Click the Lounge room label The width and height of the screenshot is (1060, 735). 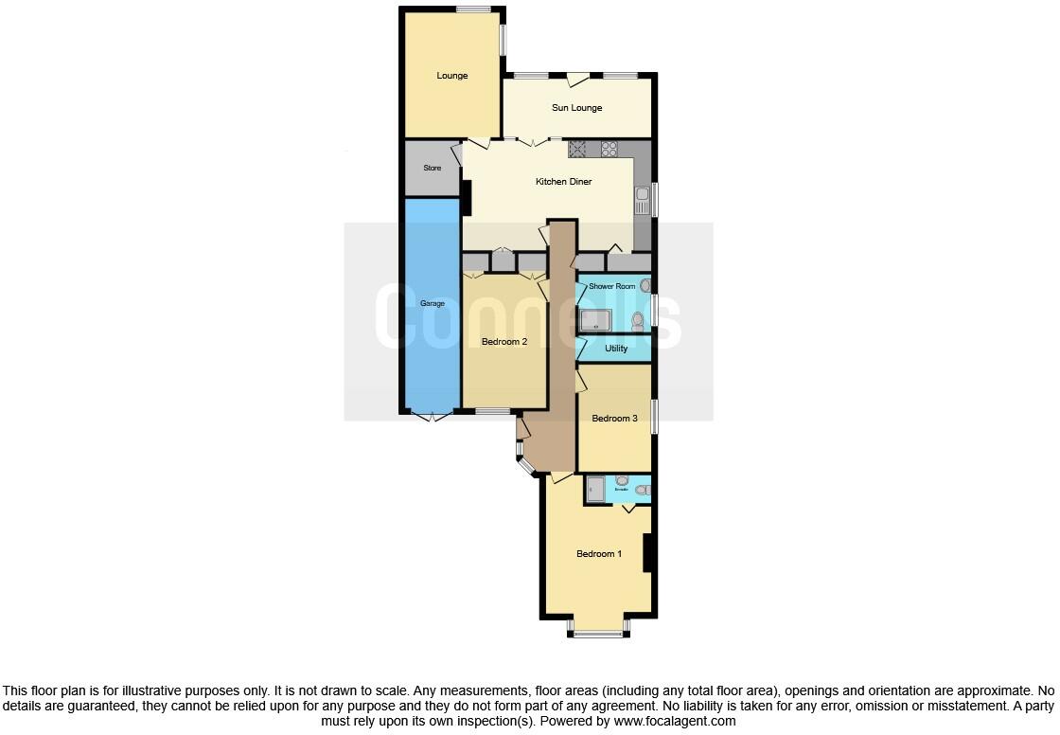tap(451, 76)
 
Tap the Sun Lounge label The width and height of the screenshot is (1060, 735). tap(576, 108)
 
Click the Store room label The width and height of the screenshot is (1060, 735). tap(432, 169)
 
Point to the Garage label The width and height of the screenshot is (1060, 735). tap(432, 304)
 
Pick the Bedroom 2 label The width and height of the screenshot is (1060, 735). tap(503, 342)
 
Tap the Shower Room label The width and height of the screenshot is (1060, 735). tap(611, 286)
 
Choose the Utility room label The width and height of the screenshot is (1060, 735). tap(615, 349)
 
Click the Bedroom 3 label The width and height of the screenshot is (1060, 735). tap(614, 419)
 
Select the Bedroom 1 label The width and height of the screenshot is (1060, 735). tap(599, 554)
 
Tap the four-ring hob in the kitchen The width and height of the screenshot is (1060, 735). tap(609, 148)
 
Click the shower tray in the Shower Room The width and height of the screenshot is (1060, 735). tap(596, 321)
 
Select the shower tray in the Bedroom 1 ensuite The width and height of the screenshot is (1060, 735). tap(595, 489)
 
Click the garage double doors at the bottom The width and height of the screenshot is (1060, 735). tap(431, 416)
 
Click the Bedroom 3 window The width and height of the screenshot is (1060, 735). tap(655, 418)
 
